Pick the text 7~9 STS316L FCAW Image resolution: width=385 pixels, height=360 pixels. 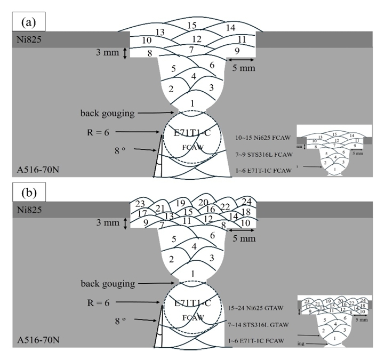267,154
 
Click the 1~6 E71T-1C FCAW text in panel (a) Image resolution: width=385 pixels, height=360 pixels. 267,170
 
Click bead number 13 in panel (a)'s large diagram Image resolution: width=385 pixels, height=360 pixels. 159,32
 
